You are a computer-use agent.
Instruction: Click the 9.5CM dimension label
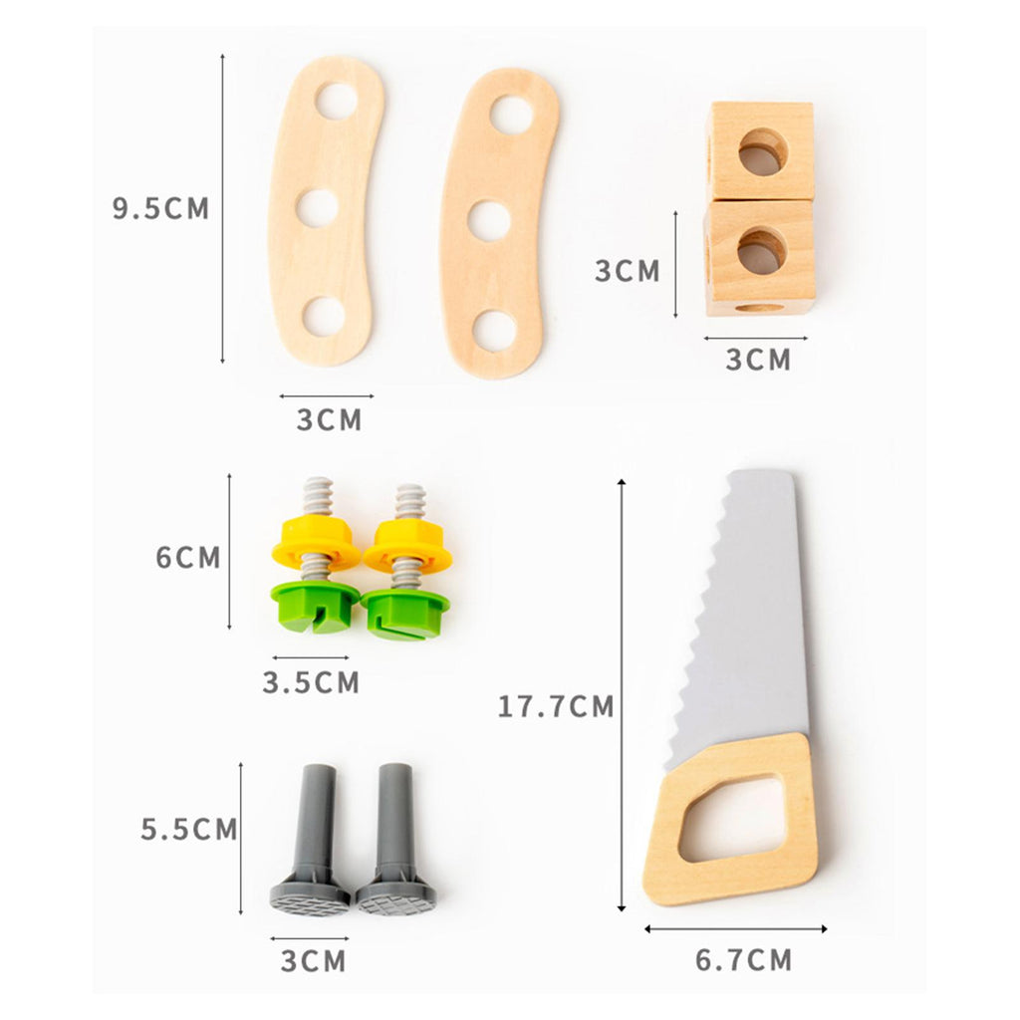[x=160, y=208]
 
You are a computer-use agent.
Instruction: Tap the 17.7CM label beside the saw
[x=556, y=706]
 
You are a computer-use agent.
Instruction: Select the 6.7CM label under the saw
[x=743, y=960]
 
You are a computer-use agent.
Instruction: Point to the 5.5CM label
[x=189, y=830]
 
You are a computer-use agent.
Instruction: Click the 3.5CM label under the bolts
[x=311, y=682]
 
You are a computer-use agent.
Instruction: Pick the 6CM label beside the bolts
[x=188, y=558]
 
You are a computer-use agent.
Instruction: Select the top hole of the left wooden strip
[x=337, y=101]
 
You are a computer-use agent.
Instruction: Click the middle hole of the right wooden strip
[x=489, y=220]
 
